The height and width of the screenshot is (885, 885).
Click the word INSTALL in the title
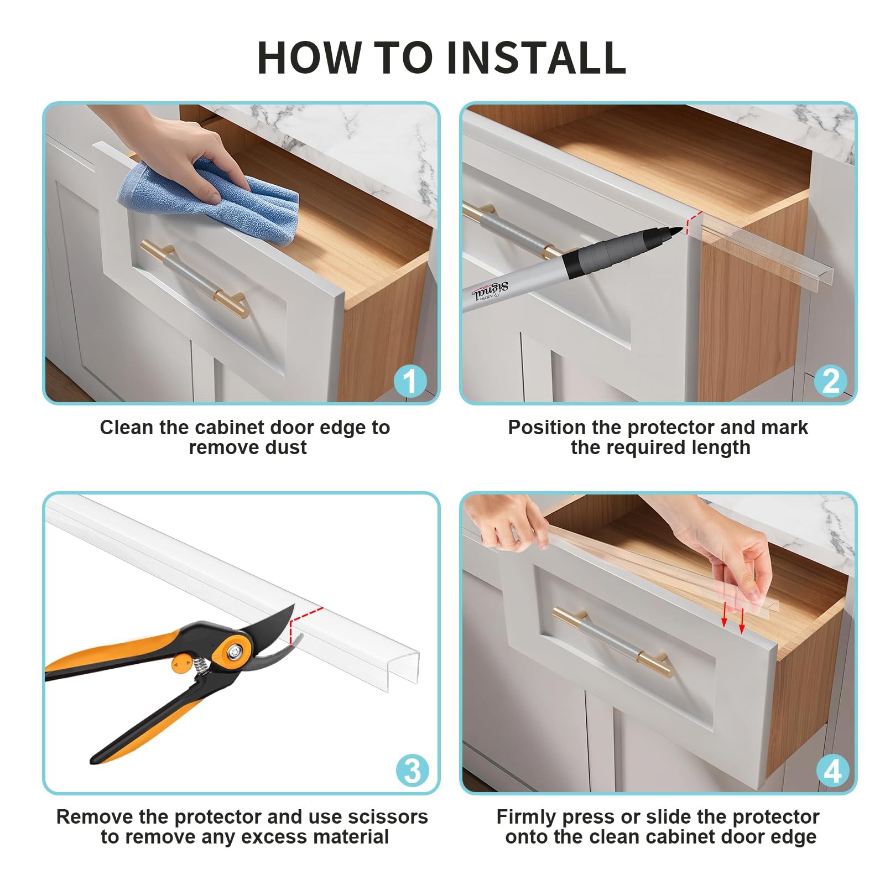coord(536,58)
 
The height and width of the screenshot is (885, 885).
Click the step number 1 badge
coord(410,381)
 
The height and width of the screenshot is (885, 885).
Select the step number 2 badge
coord(831,381)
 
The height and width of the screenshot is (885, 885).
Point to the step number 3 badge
coord(413,771)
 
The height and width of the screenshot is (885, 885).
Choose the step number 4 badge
coord(833,771)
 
